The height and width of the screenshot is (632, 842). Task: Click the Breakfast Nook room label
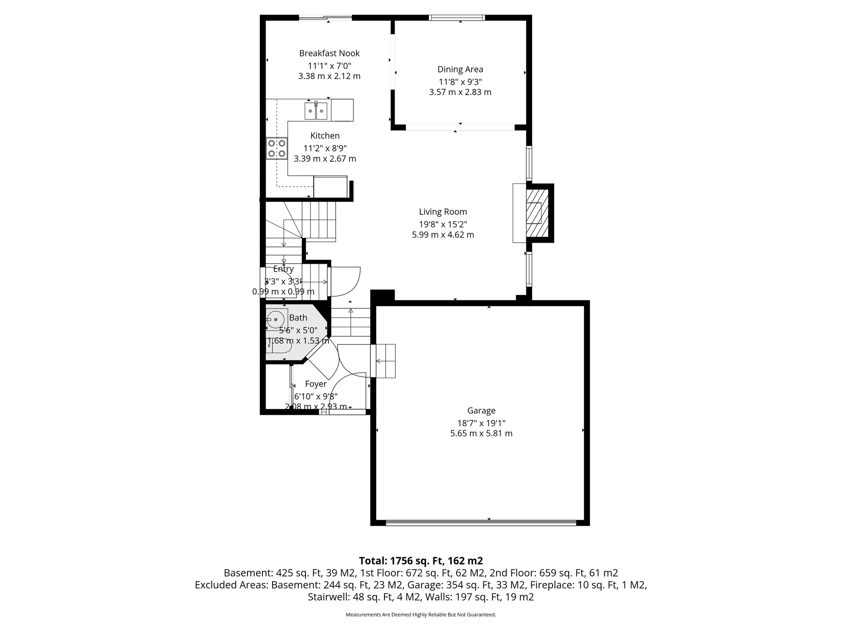coord(329,53)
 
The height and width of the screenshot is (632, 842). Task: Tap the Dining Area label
coord(460,69)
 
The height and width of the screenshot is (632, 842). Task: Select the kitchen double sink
coord(316,111)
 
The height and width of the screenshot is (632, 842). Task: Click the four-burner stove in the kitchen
coord(276,149)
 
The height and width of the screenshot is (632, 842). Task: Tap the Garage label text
coord(481,410)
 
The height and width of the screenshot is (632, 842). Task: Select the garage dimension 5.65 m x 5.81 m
coord(481,433)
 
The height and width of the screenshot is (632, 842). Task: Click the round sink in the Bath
coord(275,319)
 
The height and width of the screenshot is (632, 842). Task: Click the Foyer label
coord(316,384)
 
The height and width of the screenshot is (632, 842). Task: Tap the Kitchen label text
coord(325,135)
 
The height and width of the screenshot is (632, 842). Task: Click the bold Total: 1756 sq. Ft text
coord(420,560)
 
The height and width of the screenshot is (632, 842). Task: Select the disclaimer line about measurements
coord(421,615)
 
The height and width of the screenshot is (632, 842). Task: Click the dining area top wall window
coord(457,18)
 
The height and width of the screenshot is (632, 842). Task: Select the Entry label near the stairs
coord(283,269)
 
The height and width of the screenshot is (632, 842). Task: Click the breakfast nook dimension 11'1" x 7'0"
coord(329,65)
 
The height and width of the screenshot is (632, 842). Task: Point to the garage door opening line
coord(481,523)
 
